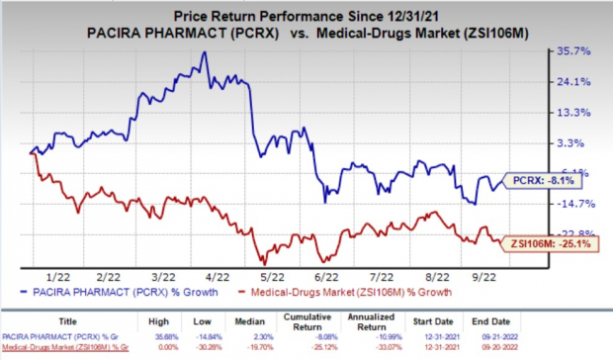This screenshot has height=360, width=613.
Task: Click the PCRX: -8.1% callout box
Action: point(543,181)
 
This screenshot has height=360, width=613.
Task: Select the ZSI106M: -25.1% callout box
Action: point(543,240)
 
